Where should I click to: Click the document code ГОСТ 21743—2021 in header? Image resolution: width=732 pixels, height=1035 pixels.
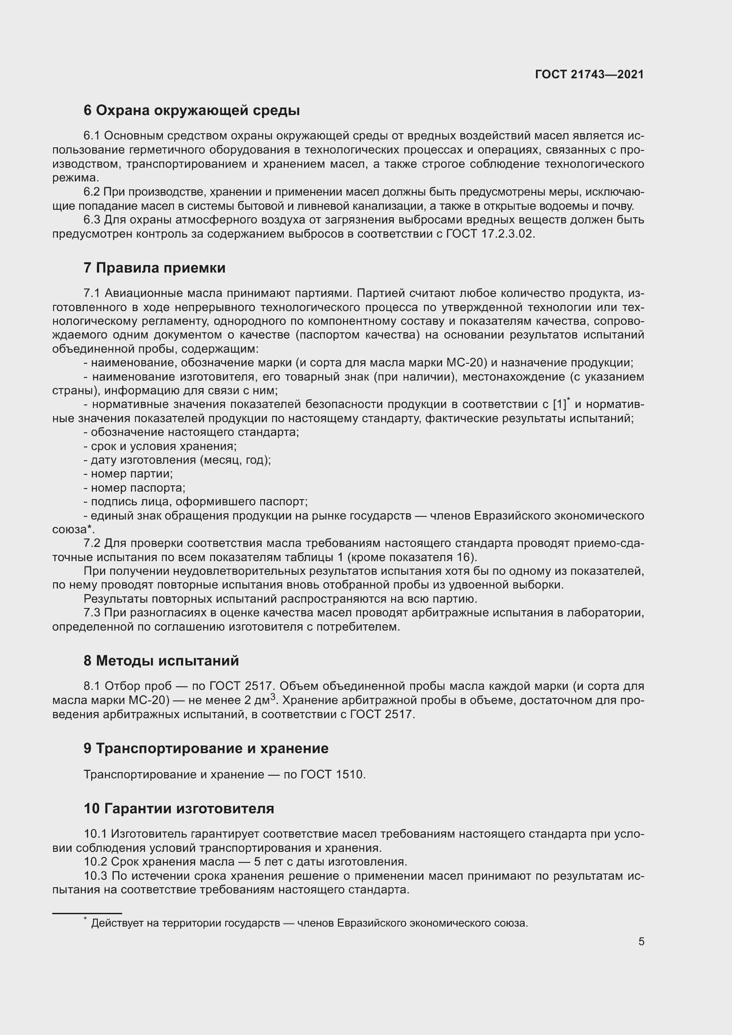[589, 74]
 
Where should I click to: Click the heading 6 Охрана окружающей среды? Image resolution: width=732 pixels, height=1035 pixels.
[192, 111]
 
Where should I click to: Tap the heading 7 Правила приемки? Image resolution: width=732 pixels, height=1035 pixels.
[154, 268]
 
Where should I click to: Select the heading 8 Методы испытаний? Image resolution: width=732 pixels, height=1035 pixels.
[161, 661]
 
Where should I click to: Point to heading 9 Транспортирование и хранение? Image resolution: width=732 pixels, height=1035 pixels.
[206, 748]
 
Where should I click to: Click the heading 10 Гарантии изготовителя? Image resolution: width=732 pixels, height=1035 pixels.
[178, 808]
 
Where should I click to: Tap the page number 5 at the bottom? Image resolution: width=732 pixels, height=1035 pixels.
[641, 941]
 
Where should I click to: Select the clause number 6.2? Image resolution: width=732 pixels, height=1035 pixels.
[92, 192]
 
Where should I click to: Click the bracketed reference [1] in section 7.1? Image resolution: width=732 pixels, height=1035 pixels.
[559, 404]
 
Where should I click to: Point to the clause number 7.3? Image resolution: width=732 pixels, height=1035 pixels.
[92, 612]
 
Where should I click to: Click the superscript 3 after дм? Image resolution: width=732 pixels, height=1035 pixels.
[273, 697]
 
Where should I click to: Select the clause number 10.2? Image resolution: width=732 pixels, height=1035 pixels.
[95, 862]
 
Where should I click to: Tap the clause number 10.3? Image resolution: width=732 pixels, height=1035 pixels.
[95, 876]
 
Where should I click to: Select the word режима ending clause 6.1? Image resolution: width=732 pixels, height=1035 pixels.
[74, 178]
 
